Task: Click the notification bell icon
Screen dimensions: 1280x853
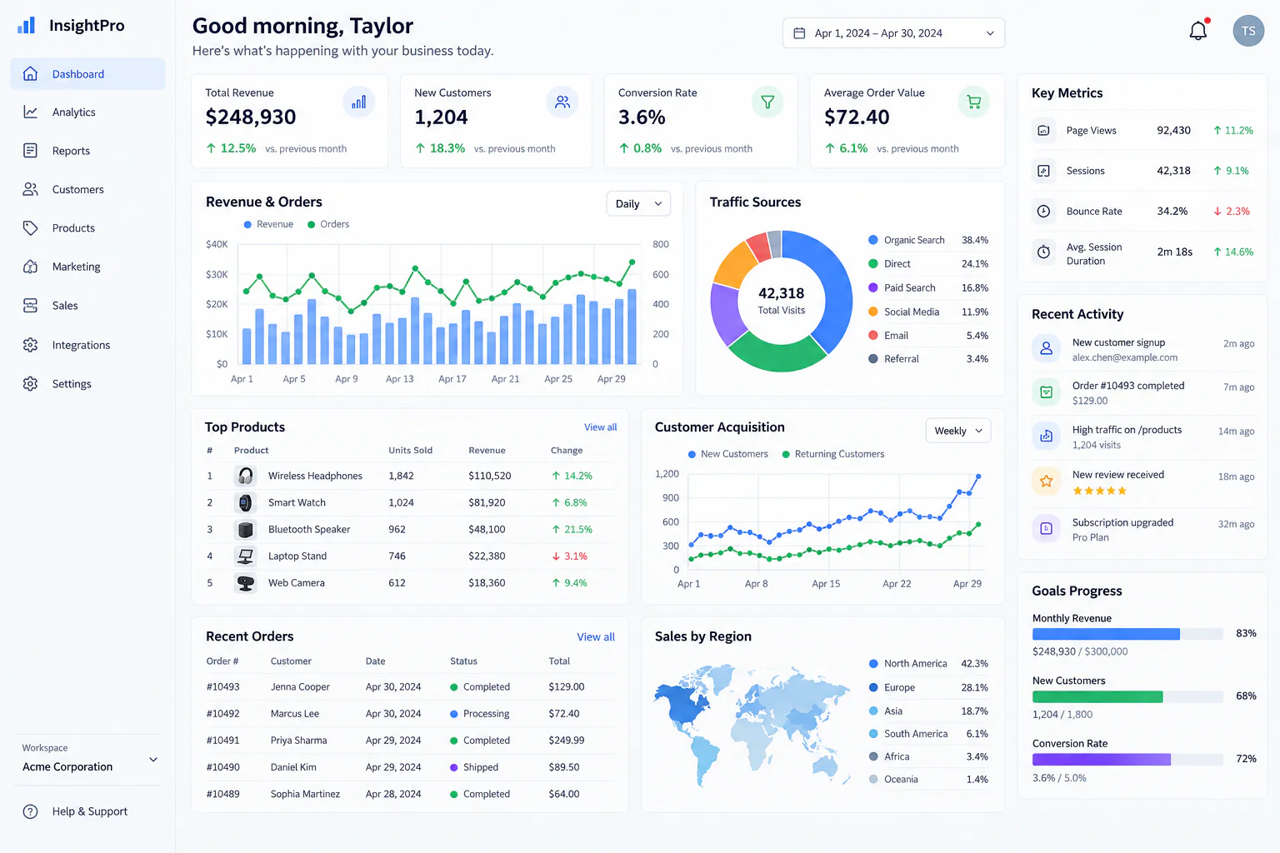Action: [1197, 30]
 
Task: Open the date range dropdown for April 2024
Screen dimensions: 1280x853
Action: [893, 33]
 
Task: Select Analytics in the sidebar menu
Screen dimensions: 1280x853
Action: [73, 112]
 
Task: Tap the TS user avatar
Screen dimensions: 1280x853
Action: [1248, 31]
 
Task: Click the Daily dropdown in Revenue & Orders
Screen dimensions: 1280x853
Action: [638, 203]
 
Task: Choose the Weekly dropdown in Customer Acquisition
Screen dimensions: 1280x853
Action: [958, 431]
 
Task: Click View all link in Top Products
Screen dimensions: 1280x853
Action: [600, 426]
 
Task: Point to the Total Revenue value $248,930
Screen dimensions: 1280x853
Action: [251, 117]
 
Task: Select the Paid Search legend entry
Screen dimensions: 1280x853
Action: [910, 288]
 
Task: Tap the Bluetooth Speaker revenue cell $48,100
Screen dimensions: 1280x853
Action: [487, 529]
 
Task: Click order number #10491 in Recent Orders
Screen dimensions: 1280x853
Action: [222, 740]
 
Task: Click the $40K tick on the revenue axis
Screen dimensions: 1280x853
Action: [217, 245]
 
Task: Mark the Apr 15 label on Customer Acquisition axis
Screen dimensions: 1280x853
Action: [826, 584]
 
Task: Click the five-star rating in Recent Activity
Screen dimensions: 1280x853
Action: [1099, 491]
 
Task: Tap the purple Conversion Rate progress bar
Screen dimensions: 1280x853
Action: [1101, 760]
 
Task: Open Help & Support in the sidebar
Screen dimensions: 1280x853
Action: [90, 811]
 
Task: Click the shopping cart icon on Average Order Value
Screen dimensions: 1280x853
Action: [973, 102]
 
